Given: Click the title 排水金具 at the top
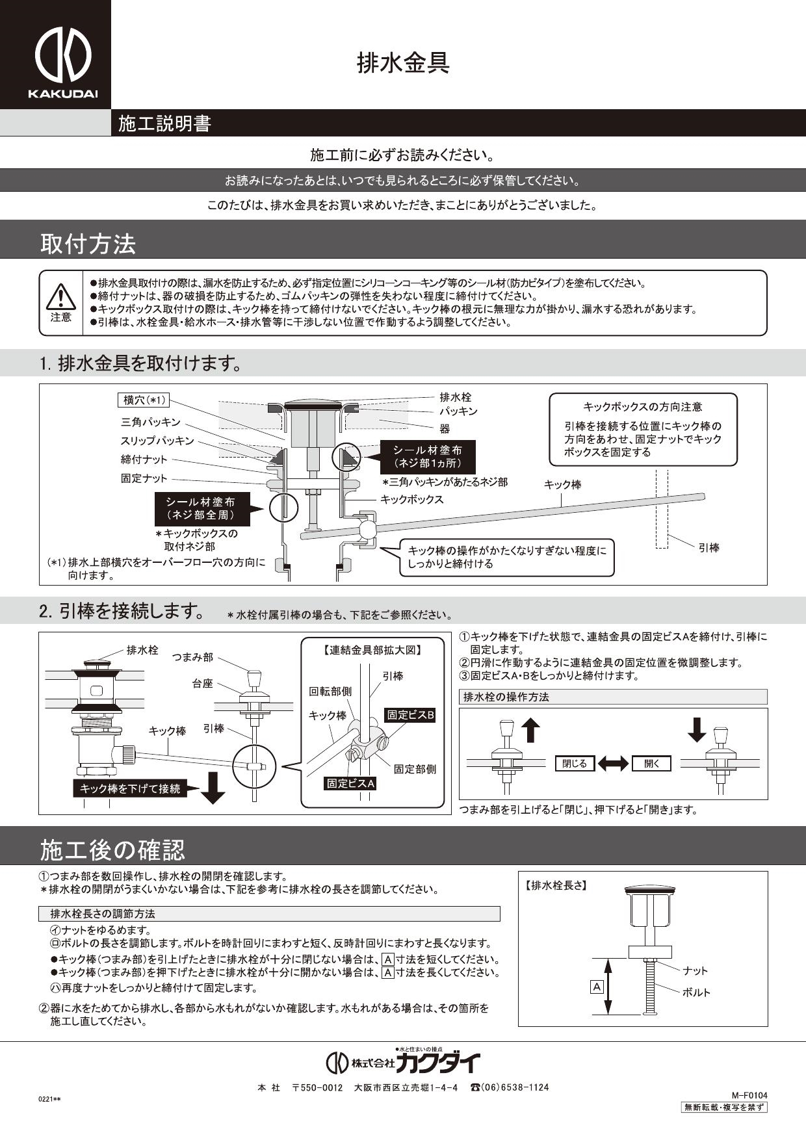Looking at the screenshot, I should [x=403, y=63].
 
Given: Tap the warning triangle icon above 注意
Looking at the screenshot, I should [x=61, y=296].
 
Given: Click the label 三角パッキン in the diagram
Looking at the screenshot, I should [x=151, y=422].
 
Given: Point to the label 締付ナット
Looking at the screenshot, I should [x=144, y=460].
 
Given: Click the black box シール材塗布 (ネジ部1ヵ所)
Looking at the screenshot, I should [x=428, y=457].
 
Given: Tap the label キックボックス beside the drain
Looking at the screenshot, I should [x=411, y=499].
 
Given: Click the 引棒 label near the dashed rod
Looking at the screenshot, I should [x=708, y=548].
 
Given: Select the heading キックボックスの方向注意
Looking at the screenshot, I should [x=643, y=407].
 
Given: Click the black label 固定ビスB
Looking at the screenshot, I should [x=410, y=715].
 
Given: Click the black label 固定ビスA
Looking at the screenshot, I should [x=351, y=784].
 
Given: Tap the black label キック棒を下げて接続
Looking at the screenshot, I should [x=129, y=788].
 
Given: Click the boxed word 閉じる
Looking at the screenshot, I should [x=575, y=764].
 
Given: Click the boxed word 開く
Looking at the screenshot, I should [x=651, y=764].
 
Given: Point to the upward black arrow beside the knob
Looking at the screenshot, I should [x=531, y=729].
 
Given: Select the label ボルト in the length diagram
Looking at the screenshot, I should [x=696, y=992].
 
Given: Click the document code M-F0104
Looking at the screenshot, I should [x=749, y=1095].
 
